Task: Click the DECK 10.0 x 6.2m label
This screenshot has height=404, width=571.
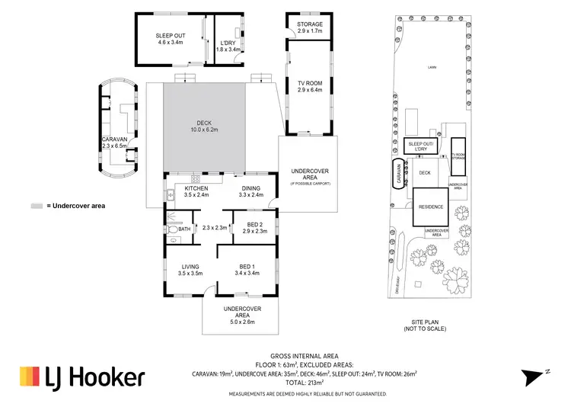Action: [x=204, y=127]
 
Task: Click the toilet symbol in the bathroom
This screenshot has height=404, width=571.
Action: [x=173, y=228]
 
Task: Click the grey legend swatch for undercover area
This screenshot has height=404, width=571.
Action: [x=37, y=206]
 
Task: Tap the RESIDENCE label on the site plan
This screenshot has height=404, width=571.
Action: [x=431, y=206]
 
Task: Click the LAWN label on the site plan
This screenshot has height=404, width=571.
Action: [x=431, y=69]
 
